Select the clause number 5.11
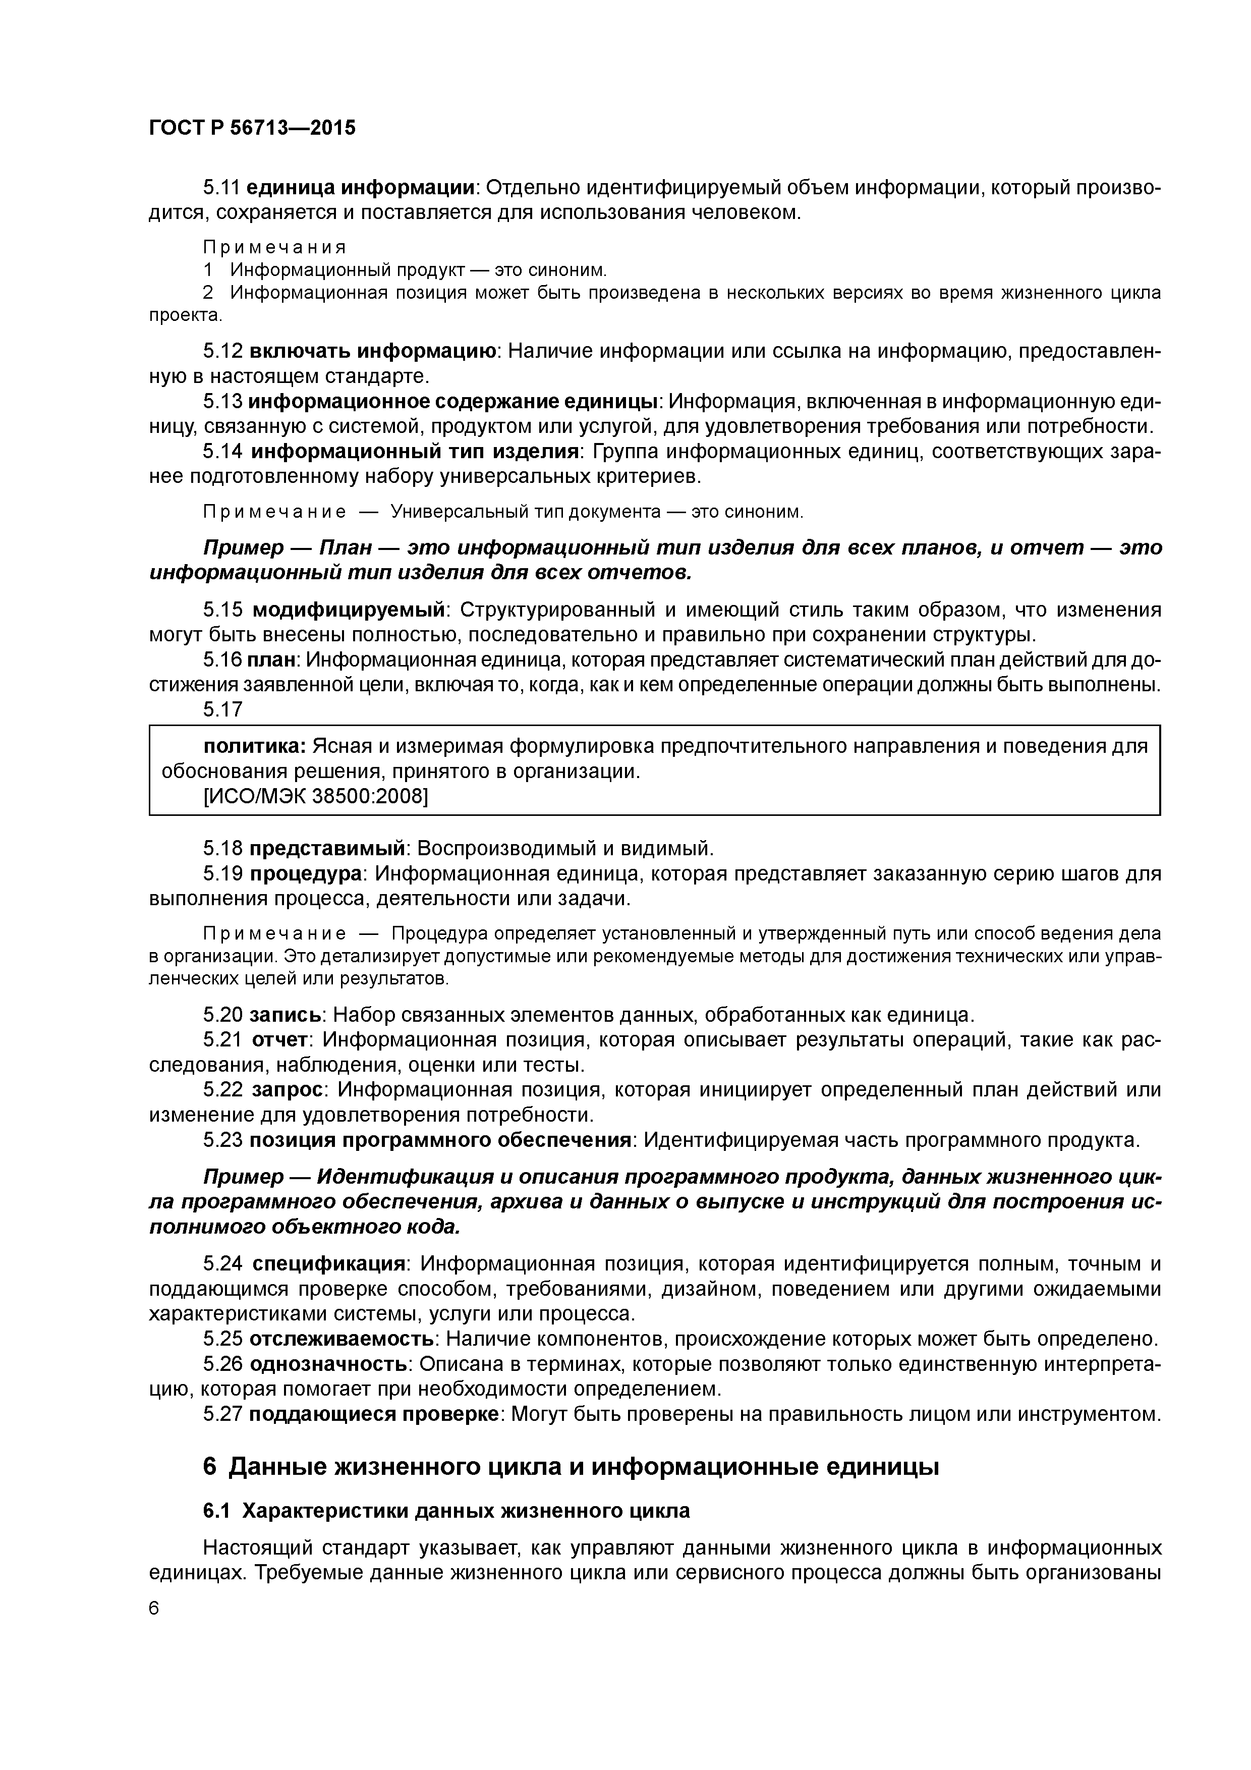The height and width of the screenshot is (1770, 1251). click(222, 187)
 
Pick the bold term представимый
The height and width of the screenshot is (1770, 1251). click(327, 849)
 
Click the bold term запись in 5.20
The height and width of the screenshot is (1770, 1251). click(285, 1015)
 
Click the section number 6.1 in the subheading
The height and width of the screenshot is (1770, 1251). click(219, 1511)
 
